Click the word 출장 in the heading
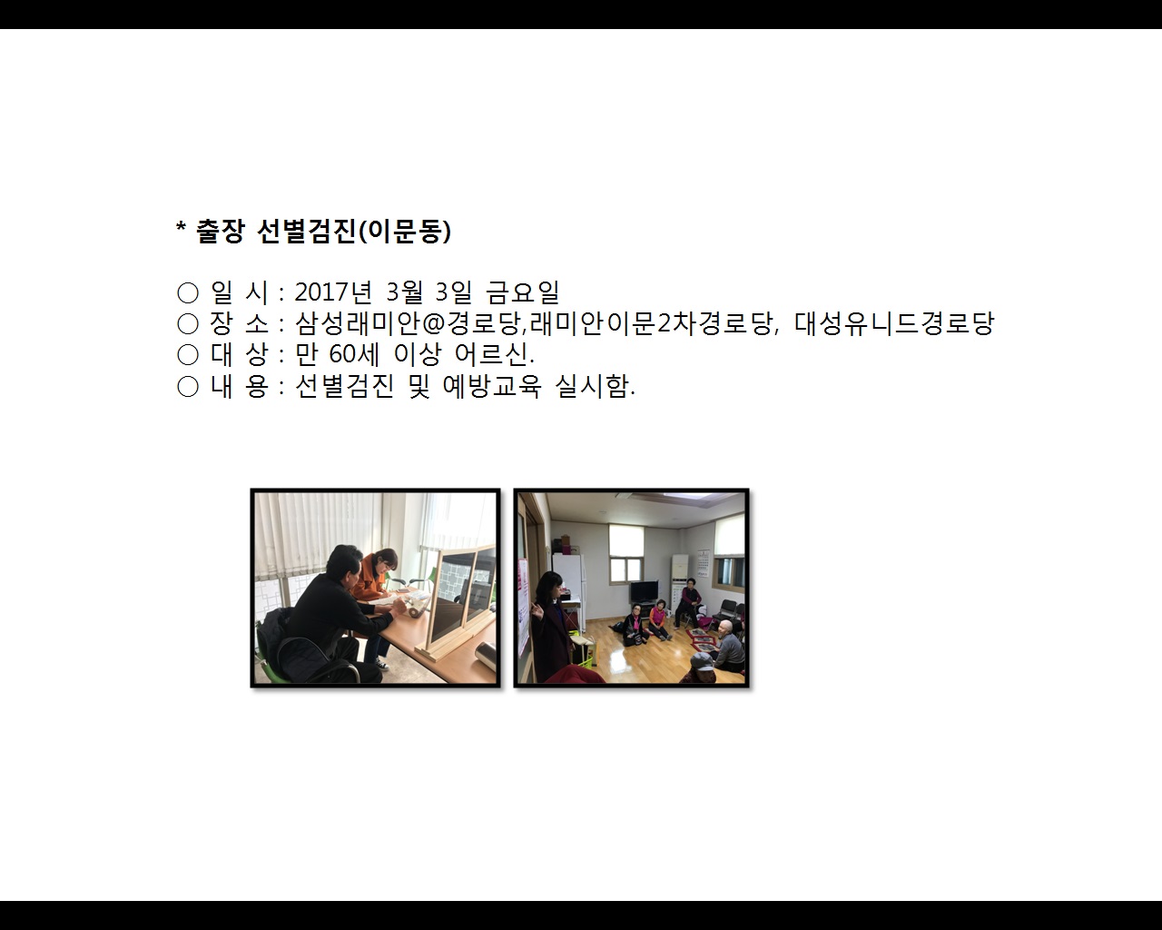(x=220, y=232)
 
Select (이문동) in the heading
(x=405, y=232)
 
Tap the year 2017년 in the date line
(x=333, y=292)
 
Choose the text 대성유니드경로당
(x=894, y=323)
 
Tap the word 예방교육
(x=491, y=386)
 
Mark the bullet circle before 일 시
(x=188, y=292)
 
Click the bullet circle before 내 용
(x=188, y=386)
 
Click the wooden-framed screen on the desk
(x=458, y=599)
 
